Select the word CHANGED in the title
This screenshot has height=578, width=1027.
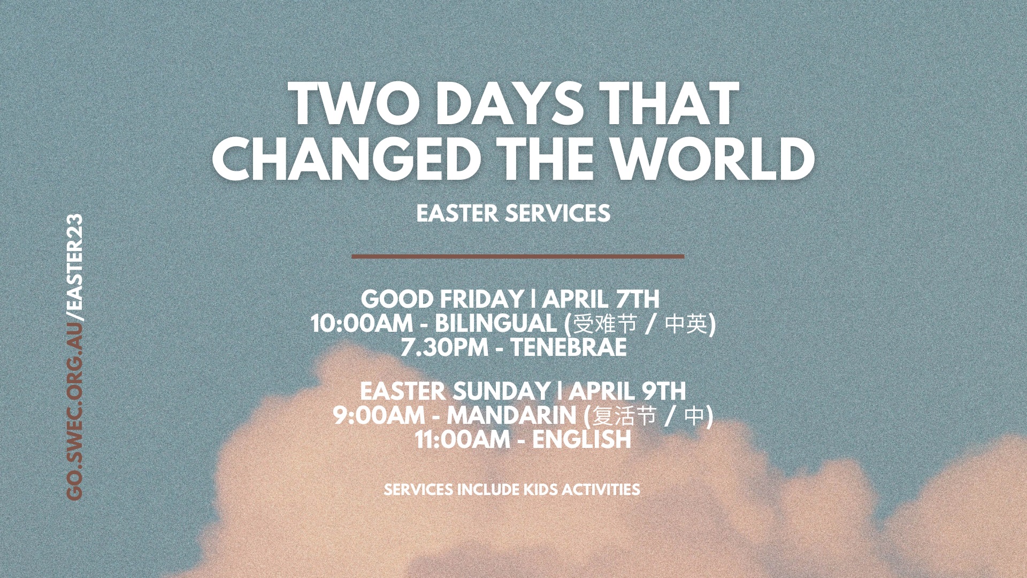coord(346,158)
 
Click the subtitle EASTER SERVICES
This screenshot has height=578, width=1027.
coord(513,214)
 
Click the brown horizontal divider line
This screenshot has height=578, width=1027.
coord(518,256)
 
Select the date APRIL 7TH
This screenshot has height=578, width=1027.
coord(601,299)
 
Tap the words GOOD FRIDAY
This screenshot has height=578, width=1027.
coord(442,299)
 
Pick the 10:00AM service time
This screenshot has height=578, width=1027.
coord(362,324)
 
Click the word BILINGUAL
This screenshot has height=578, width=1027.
coord(496,324)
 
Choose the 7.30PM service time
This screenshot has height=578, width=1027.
coord(444,348)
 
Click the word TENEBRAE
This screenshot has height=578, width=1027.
coord(569,348)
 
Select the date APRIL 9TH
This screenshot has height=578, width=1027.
coord(627,391)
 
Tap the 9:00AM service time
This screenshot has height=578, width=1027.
coord(379,415)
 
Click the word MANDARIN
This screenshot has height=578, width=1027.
coord(511,415)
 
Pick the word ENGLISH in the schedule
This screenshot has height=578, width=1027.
coord(581,439)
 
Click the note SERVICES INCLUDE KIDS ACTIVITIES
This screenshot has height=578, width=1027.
coord(512,490)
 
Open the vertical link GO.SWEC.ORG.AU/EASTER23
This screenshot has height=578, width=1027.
coord(75,358)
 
